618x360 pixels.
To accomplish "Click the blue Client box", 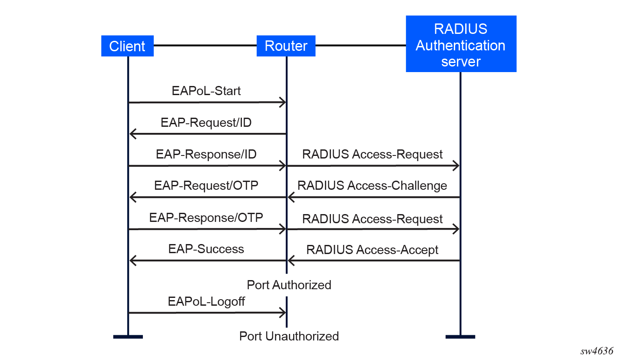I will [x=127, y=46].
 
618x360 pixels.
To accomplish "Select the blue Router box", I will [x=286, y=46].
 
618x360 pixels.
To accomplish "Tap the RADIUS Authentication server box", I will [x=461, y=44].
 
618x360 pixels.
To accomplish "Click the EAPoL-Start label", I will [x=206, y=91].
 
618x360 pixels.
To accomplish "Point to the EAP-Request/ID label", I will [x=206, y=122].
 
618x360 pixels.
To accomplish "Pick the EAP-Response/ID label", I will [x=206, y=154].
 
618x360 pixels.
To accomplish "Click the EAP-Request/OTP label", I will [x=206, y=185].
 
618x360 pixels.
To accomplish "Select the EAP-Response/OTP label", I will [x=206, y=217].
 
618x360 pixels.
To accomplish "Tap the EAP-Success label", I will [x=206, y=249].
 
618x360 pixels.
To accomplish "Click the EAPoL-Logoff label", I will [x=206, y=301].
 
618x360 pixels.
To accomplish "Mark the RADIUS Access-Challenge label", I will [x=372, y=185].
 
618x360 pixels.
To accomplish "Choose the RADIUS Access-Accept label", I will [x=372, y=250].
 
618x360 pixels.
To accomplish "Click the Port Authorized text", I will [x=289, y=285].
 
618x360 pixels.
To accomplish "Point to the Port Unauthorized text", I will [x=289, y=336].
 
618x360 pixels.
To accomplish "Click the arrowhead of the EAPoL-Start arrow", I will [x=283, y=102].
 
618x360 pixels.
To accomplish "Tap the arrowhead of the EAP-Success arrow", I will [x=133, y=261].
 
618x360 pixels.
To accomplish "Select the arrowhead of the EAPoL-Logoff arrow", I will [x=283, y=312].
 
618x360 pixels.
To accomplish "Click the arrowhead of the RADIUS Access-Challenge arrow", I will [x=291, y=198].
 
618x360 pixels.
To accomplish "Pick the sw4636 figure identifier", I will [x=597, y=351].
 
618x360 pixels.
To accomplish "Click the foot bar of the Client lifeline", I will [x=128, y=337].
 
